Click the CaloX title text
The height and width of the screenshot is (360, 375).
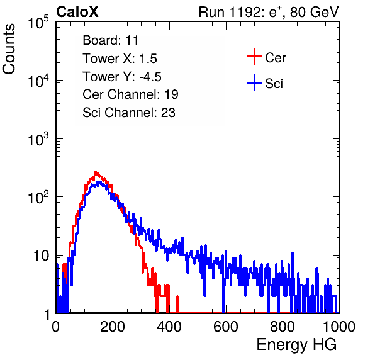(x=77, y=12)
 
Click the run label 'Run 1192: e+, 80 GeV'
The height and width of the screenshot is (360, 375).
(x=269, y=12)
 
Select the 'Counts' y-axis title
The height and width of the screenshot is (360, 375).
(x=9, y=49)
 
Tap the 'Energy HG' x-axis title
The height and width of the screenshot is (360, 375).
(x=296, y=345)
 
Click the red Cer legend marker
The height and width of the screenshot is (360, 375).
(x=254, y=57)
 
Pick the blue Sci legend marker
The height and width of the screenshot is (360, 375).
(x=254, y=82)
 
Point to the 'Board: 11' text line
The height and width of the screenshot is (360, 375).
(x=111, y=40)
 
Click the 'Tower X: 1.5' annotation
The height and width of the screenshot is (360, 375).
(x=120, y=59)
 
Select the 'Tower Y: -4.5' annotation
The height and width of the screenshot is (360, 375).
(x=122, y=77)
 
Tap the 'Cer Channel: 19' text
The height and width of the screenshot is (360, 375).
(x=130, y=94)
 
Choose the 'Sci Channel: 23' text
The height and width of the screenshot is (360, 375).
(x=129, y=113)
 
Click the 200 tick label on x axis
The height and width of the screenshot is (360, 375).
(x=113, y=327)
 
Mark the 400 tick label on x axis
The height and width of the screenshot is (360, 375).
(x=169, y=327)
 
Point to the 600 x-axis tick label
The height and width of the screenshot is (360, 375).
(x=226, y=327)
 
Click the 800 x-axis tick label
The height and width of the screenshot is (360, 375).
(x=283, y=327)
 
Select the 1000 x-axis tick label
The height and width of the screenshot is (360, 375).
(x=339, y=327)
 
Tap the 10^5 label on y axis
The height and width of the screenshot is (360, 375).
(x=38, y=22)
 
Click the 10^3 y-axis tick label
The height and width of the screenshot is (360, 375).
(x=38, y=139)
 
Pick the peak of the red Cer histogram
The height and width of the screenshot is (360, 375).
(x=96, y=172)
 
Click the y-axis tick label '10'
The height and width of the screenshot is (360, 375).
(x=41, y=256)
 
